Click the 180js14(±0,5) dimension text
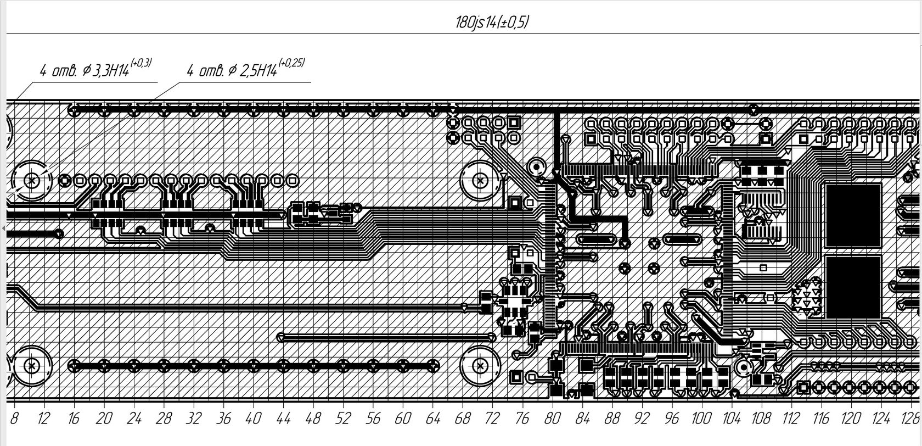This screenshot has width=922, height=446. tap(492, 23)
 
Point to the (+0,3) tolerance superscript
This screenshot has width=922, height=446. tap(141, 64)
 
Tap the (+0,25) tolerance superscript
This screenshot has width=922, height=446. tap(291, 63)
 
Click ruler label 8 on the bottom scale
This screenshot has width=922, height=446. tap(14, 419)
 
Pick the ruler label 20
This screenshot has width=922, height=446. tap(103, 419)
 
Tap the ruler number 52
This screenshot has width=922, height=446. tap(342, 419)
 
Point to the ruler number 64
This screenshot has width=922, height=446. tap(432, 419)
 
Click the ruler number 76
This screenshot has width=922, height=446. tap(522, 419)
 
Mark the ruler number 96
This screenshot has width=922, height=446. tap(671, 419)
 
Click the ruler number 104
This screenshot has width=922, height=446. tap(731, 419)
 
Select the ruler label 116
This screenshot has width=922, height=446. tap(821, 419)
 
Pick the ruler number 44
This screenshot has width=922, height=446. tap(283, 419)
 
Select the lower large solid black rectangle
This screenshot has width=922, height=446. tap(853, 286)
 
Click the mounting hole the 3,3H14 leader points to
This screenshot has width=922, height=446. tap(31, 180)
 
